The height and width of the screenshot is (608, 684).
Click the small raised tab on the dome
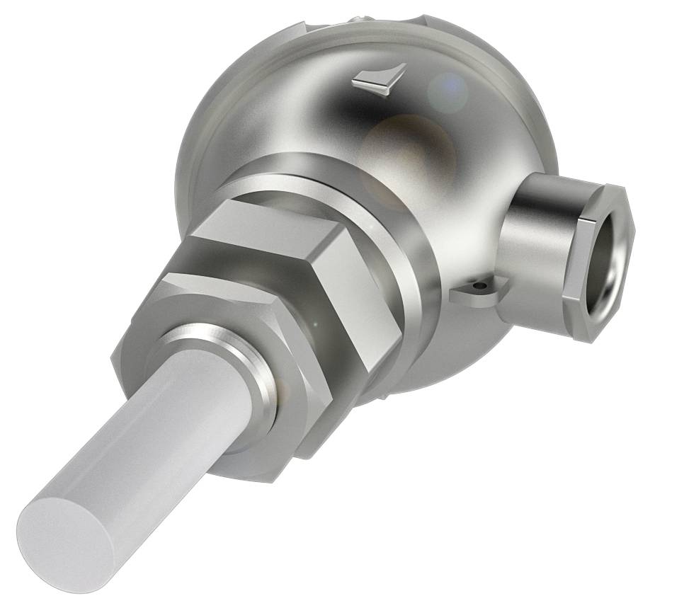[380, 80]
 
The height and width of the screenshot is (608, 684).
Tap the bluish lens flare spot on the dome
[448, 88]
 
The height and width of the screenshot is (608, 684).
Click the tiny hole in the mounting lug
[481, 286]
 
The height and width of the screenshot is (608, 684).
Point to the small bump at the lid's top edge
[367, 16]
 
